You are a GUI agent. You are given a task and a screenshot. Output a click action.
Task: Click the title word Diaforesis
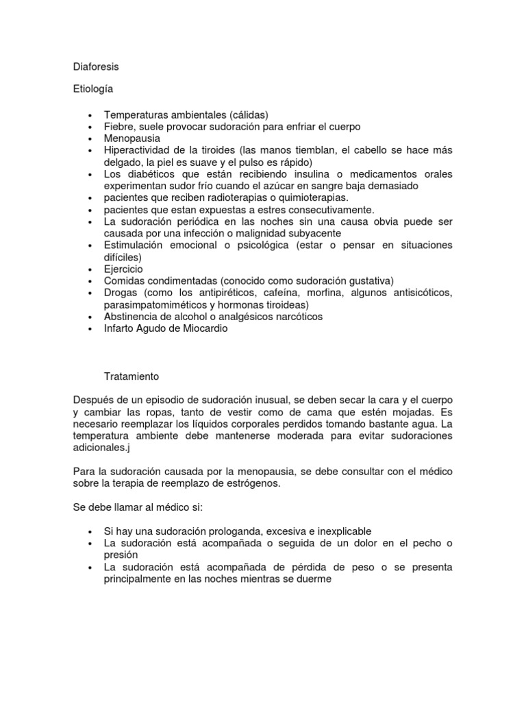(96, 67)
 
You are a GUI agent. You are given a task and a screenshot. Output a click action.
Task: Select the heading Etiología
(92, 90)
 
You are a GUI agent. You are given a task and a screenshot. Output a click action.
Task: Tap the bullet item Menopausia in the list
(132, 138)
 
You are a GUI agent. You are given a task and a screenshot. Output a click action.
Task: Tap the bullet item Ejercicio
(124, 269)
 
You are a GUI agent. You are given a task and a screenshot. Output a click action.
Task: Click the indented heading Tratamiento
(131, 376)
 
